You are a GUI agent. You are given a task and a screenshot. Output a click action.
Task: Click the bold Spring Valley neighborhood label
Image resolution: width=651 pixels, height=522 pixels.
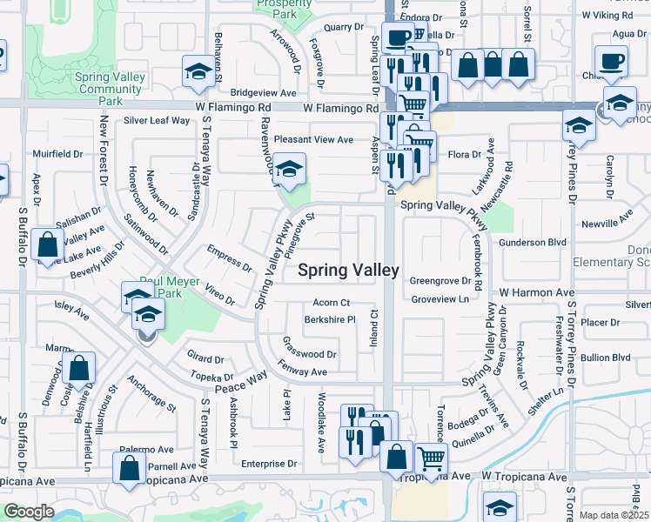coord(348,271)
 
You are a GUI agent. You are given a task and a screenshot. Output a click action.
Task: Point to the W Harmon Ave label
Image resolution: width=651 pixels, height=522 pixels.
coord(537,292)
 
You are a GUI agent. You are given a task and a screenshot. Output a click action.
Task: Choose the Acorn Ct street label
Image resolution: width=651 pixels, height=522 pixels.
coord(332,303)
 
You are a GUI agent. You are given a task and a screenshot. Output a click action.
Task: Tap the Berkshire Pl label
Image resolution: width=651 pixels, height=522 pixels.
coord(330,319)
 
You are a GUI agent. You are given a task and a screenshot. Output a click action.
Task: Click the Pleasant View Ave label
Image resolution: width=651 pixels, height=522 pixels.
coord(313,139)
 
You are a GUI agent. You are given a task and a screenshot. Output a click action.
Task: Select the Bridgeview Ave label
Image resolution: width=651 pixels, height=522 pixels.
coord(264,92)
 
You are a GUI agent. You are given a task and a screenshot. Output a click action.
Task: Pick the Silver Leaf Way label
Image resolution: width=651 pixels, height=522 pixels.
coord(157,120)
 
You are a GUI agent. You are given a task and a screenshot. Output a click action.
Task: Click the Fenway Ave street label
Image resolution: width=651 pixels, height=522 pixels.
coord(302,371)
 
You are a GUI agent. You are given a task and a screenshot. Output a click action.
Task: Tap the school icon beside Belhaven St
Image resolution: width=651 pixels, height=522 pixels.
coord(198,71)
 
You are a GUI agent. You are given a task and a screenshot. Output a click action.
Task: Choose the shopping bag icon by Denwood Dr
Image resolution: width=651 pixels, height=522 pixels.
coord(78,369)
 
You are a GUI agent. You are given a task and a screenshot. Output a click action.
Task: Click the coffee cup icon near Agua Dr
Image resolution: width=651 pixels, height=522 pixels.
coord(610,61)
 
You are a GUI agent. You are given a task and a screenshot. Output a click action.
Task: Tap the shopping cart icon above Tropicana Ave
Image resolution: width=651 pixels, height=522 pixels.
coord(430,458)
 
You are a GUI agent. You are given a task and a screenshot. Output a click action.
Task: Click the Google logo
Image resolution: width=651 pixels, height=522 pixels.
coord(30,512)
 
